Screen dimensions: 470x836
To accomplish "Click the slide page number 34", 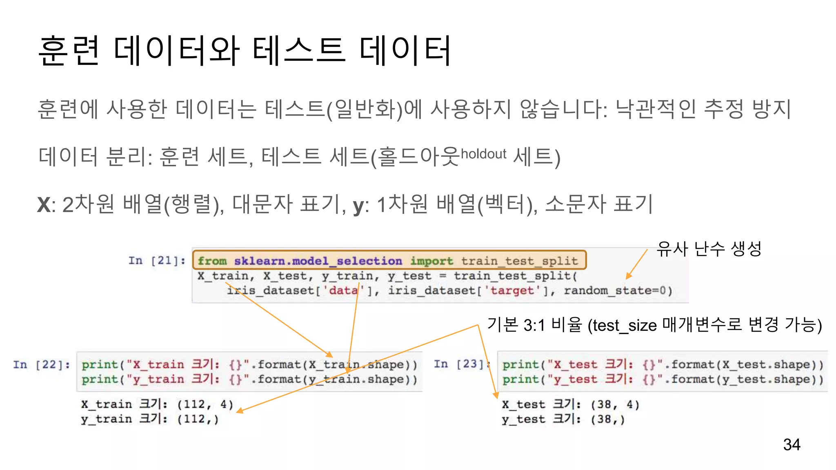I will (x=792, y=444).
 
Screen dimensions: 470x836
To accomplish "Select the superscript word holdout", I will (x=483, y=154).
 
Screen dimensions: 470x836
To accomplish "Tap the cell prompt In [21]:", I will (x=157, y=260).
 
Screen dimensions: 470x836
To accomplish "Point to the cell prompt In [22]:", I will (x=41, y=364).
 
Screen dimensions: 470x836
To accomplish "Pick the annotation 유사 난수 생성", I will (x=709, y=248).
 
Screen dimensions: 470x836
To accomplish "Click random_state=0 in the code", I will (x=618, y=290).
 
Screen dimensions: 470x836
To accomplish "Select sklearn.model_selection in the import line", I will (x=318, y=261).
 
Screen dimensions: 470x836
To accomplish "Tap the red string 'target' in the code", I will (x=512, y=290).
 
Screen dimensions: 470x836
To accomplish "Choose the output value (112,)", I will (x=198, y=419).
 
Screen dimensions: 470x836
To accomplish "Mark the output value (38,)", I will (x=607, y=419).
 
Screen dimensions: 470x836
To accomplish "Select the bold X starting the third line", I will (x=44, y=204).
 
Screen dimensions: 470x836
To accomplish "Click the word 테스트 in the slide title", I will (x=299, y=51).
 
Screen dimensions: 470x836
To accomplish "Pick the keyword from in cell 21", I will (x=212, y=261).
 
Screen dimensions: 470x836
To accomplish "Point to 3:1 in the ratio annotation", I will (x=534, y=326).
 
